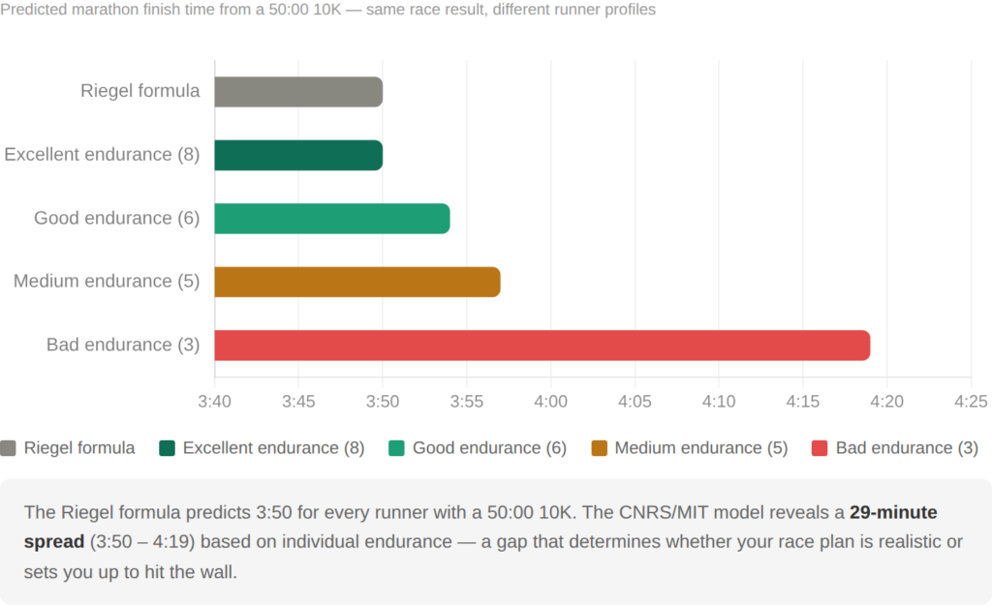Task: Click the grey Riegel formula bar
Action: (x=298, y=92)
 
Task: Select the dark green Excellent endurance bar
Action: (x=298, y=155)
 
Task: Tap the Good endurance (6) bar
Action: (x=331, y=219)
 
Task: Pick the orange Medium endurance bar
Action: (x=356, y=282)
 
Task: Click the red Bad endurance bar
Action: (x=542, y=345)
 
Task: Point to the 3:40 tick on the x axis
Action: (x=214, y=401)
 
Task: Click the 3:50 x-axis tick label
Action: (x=383, y=401)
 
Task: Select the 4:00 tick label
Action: (x=550, y=401)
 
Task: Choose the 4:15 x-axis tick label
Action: (x=802, y=401)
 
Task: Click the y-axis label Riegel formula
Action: (x=140, y=92)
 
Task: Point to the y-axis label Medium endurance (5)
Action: (x=107, y=282)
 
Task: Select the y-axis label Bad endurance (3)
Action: (x=123, y=345)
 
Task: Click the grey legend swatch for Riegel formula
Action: (x=9, y=448)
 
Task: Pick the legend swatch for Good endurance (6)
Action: (x=396, y=448)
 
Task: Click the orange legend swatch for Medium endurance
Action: (x=599, y=448)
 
